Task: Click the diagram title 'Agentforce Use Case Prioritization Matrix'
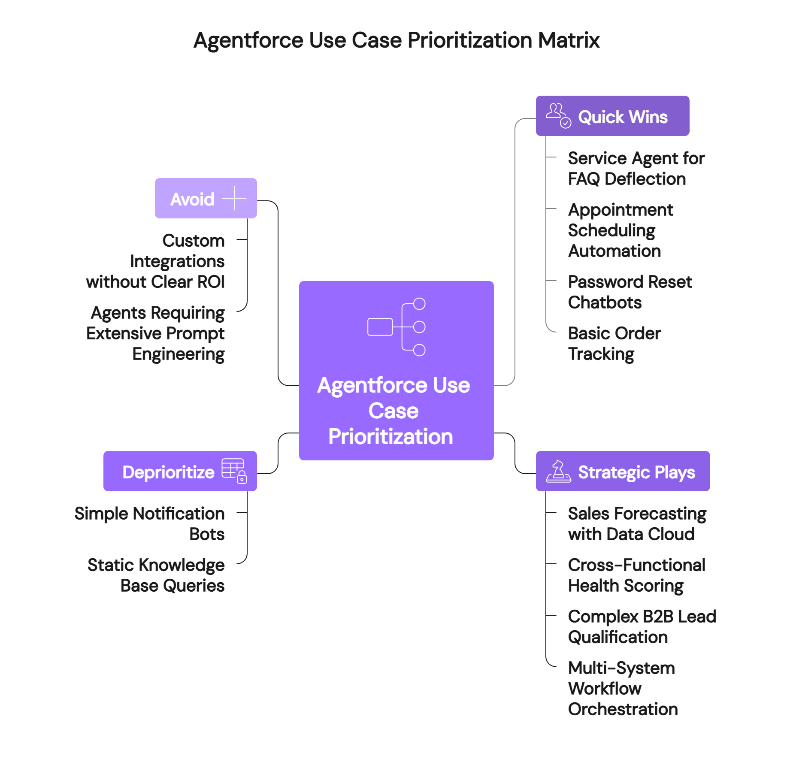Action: coord(396,40)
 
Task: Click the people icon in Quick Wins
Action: coord(558,115)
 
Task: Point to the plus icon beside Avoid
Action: coord(234,198)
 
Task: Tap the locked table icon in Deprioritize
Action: coord(234,470)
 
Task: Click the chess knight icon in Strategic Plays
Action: coord(558,471)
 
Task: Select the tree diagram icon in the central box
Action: coord(396,327)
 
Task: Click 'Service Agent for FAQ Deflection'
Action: coord(636,169)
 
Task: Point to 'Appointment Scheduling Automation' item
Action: coord(620,230)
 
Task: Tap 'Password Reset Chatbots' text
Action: coord(630,292)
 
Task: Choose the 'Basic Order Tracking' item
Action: coord(614,344)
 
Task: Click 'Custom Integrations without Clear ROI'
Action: coord(155,261)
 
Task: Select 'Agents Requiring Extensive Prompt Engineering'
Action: coord(155,333)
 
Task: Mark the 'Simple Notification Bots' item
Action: coord(150,524)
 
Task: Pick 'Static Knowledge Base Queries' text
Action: coord(156,575)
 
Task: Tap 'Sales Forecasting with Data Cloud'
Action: coord(637,524)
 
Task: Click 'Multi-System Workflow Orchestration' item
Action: coord(623,689)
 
